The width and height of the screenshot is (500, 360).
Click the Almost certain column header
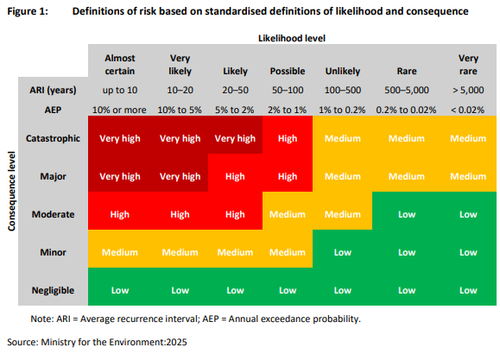tap(120, 65)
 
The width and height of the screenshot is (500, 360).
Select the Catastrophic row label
tap(53, 138)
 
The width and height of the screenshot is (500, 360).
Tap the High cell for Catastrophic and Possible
tap(288, 138)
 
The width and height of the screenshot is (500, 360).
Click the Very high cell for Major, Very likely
tap(180, 176)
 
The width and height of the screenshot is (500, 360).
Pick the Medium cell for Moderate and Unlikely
tap(343, 214)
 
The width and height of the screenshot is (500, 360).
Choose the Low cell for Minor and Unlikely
tap(343, 252)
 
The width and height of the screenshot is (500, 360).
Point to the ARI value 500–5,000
tap(407, 91)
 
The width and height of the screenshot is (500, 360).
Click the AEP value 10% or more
tap(119, 110)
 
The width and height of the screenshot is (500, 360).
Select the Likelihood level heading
tap(292, 38)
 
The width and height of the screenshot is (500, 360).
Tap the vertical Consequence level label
tap(11, 192)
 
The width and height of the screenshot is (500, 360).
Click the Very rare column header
tap(468, 65)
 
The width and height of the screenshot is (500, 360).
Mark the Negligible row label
tap(53, 290)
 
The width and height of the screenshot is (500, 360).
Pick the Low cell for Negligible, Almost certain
tap(120, 290)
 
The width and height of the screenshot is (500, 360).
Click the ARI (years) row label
tap(53, 91)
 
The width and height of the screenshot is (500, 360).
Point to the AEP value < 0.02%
tap(468, 110)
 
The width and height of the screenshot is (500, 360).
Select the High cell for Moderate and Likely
tap(235, 214)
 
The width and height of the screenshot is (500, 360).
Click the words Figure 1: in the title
tap(28, 11)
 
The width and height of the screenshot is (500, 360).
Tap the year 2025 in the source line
tap(176, 342)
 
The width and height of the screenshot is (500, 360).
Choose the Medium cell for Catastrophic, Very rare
tap(468, 138)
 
